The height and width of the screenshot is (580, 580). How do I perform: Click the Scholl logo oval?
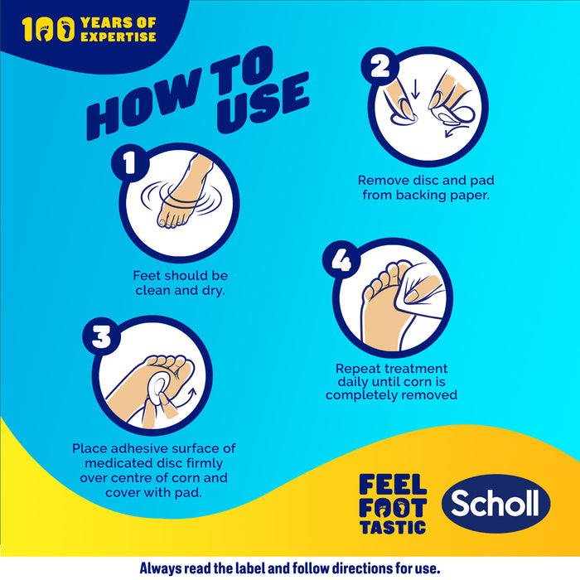coord(496,504)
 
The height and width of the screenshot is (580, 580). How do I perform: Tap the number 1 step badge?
coord(130,162)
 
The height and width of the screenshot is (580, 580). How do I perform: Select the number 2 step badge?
coord(380,67)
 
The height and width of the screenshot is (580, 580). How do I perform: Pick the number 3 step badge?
coord(102,336)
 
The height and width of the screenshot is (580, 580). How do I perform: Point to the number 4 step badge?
coord(341,259)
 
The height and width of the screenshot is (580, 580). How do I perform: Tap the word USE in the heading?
coord(263,103)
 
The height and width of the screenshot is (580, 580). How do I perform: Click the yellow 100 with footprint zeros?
coord(48,29)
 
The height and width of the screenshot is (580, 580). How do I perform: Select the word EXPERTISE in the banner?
coord(118,36)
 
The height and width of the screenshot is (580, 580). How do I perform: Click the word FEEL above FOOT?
coord(393,485)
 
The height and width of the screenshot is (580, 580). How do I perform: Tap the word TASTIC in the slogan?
coord(393,527)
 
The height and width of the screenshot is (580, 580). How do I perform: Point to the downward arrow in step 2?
coord(415,89)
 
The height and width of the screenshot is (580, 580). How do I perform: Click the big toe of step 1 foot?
coord(162,222)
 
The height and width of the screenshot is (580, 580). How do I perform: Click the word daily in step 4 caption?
coord(352,382)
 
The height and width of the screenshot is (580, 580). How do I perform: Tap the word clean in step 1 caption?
coord(152,290)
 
